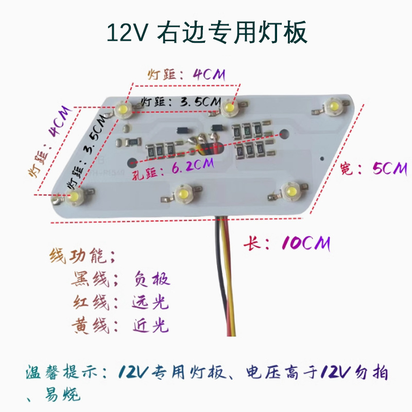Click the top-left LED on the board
(124, 109)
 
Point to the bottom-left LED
(76, 196)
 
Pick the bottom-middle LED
(181, 194)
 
